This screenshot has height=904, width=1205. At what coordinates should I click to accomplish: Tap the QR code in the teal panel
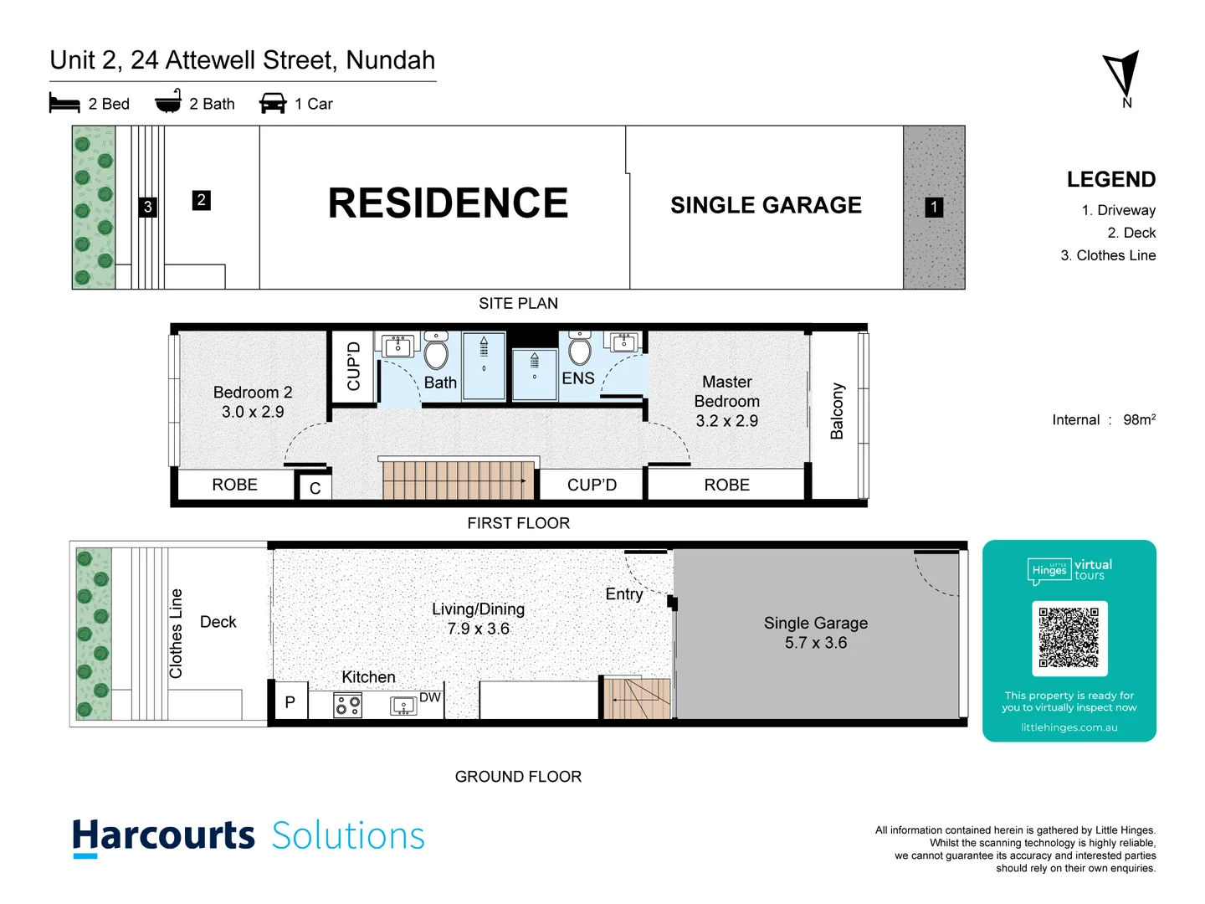pos(1069,638)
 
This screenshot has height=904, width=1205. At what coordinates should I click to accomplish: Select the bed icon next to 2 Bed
pos(64,103)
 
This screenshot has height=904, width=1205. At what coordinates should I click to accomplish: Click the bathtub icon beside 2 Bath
pos(168,102)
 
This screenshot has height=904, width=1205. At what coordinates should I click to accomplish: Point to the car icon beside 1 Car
pos(273,103)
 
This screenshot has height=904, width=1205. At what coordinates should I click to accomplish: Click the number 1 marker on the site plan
pos(934,207)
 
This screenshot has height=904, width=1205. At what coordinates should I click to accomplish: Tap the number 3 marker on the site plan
pos(148,207)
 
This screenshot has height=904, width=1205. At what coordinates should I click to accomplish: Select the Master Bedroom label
pos(726,392)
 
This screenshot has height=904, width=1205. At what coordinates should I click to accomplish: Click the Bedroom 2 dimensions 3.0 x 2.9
pos(253,412)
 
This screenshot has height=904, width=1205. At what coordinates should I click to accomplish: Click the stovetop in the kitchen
pos(348,706)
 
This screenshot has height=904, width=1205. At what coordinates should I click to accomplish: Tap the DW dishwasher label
pos(430,697)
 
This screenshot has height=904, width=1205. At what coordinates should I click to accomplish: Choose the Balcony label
pos(837,411)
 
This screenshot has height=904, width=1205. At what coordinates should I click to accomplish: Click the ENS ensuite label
pos(578,378)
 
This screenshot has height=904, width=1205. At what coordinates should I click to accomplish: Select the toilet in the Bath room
pos(436,351)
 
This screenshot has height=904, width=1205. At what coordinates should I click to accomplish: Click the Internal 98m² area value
pos(1139,419)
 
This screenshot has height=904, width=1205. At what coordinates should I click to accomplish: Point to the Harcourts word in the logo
pos(163,836)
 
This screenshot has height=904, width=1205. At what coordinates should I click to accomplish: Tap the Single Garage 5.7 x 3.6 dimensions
pos(815,643)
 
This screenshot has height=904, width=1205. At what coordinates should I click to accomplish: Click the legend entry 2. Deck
pos(1131,233)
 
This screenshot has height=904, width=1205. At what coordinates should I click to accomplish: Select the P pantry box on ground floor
pos(290,702)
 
